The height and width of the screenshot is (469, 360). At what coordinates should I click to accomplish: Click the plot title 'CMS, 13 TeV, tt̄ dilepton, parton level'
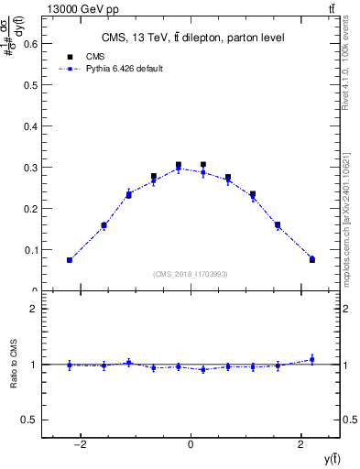pyautogui.click(x=191, y=38)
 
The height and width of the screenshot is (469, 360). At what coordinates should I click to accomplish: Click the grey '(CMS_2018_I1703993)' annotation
pyautogui.click(x=191, y=274)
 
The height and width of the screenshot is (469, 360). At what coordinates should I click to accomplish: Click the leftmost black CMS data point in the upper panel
pyautogui.click(x=70, y=260)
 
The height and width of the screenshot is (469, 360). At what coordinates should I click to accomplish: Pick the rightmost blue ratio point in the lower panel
pyautogui.click(x=311, y=359)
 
